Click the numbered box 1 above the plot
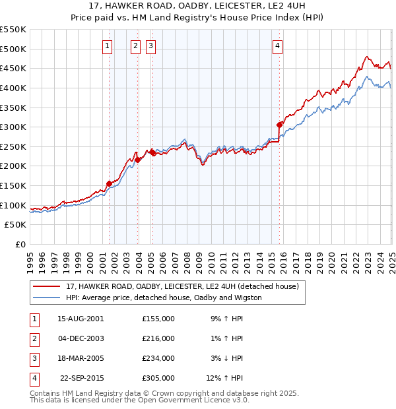pyautogui.click(x=108, y=46)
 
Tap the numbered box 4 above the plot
pyautogui.click(x=278, y=46)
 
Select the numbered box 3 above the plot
pyautogui.click(x=150, y=46)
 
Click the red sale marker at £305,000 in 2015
pyautogui.click(x=280, y=124)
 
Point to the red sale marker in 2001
pyautogui.click(x=109, y=183)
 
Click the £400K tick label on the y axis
pyautogui.click(x=13, y=88)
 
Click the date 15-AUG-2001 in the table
pyautogui.click(x=81, y=319)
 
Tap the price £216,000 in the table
pyautogui.click(x=158, y=338)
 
